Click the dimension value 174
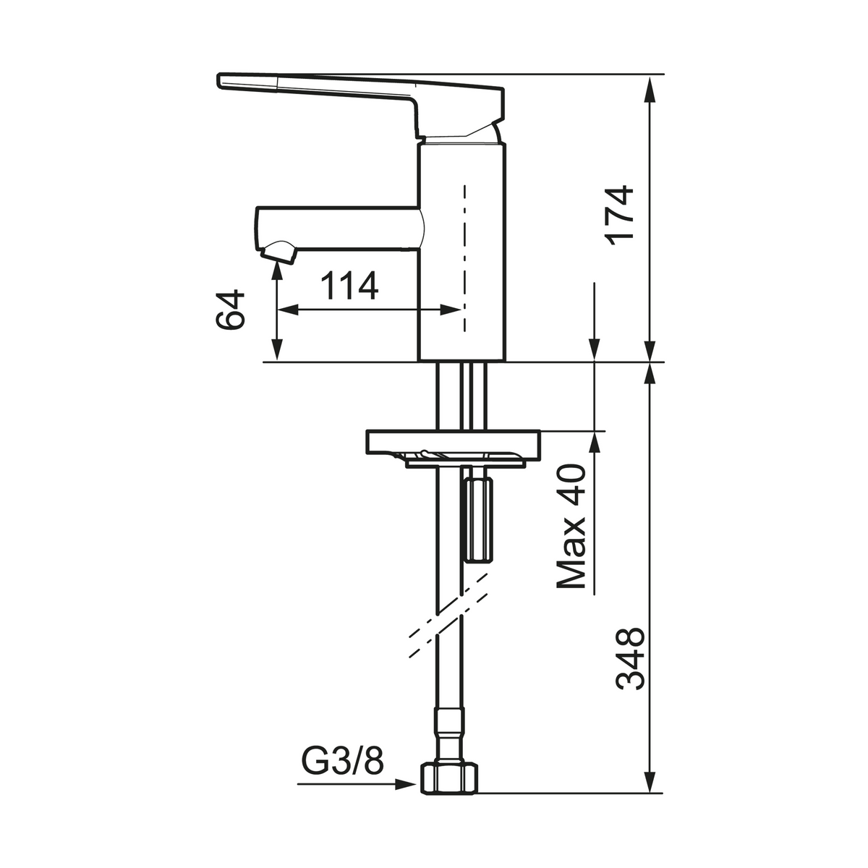click(x=620, y=215)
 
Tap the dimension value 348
click(x=630, y=658)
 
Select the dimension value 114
click(x=349, y=286)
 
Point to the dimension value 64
click(x=230, y=309)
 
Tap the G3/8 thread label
click(x=342, y=760)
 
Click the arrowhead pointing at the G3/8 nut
click(x=405, y=797)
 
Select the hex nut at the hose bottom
click(x=448, y=792)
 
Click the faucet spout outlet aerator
click(x=279, y=251)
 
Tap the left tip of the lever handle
click(x=218, y=80)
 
